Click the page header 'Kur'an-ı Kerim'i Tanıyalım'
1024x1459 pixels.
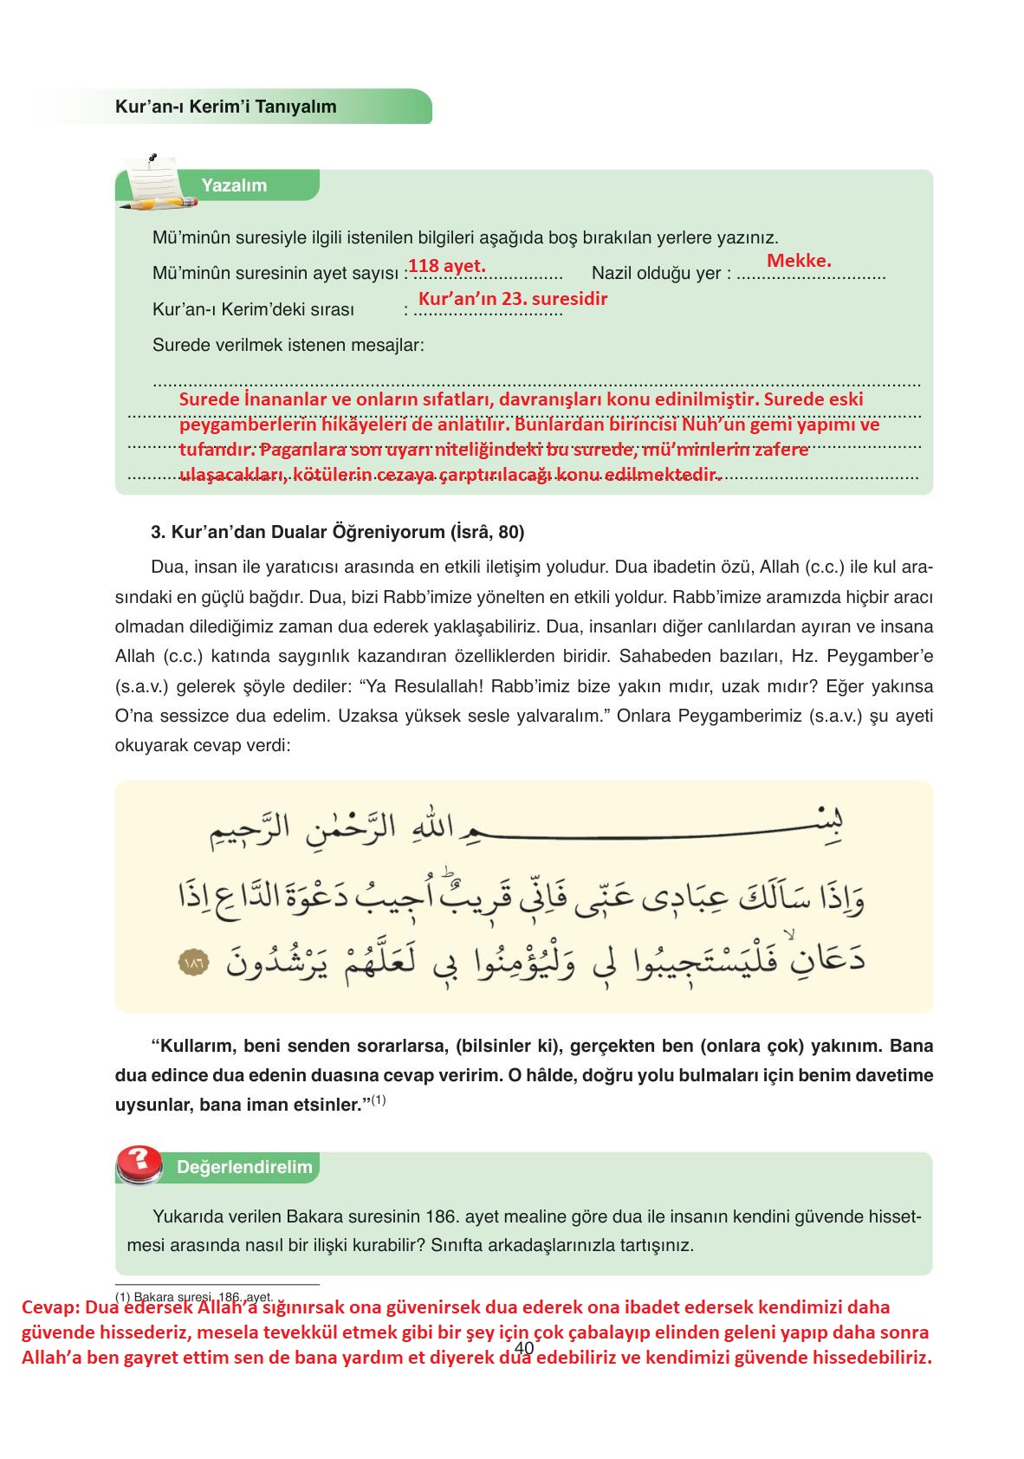[225, 107]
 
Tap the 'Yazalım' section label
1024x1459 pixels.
[234, 185]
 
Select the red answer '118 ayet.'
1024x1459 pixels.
[446, 265]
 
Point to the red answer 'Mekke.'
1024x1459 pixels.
[799, 260]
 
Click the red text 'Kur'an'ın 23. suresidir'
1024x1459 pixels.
[513, 299]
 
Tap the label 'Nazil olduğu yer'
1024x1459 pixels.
[656, 274]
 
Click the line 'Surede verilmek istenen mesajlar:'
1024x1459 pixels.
[288, 346]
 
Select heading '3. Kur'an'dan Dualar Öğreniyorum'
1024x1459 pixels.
[337, 532]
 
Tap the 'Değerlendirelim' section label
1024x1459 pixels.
[244, 1167]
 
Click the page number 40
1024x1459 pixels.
[523, 1348]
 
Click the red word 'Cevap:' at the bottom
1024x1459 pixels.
[52, 1307]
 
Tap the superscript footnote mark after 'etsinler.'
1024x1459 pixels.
[379, 1101]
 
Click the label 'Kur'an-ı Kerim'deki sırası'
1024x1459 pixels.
[253, 310]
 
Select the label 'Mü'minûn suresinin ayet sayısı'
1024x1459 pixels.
[275, 274]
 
